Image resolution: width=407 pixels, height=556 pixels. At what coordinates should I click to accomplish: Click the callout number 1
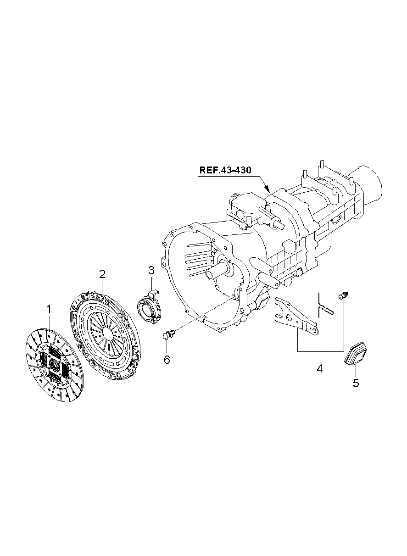click(x=49, y=309)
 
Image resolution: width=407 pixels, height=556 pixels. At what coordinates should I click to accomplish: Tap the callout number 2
click(x=102, y=274)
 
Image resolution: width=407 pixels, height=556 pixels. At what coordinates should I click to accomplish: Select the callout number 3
click(x=151, y=270)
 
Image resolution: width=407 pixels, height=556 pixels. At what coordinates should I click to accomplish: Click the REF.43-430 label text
click(x=225, y=170)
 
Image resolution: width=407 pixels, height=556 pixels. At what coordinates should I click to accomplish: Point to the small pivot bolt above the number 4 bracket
click(x=343, y=295)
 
